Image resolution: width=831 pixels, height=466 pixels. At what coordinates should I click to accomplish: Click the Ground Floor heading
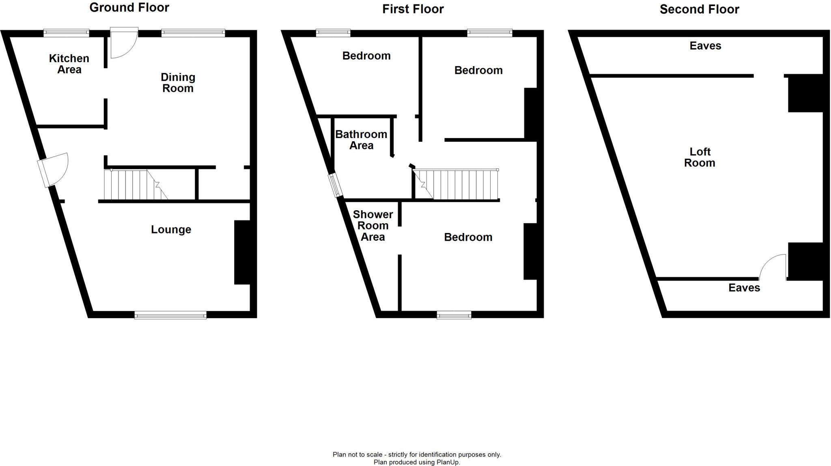point(129,8)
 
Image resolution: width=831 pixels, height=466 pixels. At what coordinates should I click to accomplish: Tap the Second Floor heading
point(699,9)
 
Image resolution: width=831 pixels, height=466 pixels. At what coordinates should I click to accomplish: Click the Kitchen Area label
point(69,64)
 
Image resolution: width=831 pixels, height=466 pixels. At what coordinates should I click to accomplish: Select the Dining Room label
point(178,83)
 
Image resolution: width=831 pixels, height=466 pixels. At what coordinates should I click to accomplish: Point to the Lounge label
point(171,230)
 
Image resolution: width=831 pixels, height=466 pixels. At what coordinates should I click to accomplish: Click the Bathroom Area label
point(361,140)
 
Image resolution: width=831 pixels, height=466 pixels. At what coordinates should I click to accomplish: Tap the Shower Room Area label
point(373,226)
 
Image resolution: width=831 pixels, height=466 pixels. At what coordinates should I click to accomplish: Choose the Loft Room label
point(700,157)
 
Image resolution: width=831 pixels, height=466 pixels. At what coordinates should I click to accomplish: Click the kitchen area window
point(66,33)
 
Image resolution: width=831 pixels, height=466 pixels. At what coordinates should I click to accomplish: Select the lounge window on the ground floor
point(170,315)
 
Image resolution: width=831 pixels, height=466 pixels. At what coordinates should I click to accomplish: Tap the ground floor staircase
point(136,185)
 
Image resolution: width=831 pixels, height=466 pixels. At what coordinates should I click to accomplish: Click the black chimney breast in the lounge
point(242,252)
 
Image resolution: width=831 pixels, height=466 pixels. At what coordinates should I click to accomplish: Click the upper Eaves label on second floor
point(705,46)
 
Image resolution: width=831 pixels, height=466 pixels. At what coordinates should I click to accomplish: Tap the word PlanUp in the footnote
point(448,462)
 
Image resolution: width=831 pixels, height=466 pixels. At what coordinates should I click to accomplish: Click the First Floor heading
point(413,9)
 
